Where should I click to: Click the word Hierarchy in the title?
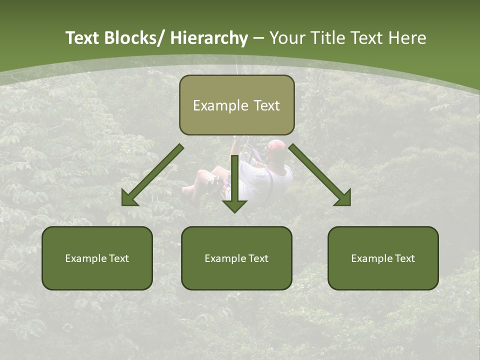(x=209, y=38)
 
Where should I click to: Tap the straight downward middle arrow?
(x=234, y=182)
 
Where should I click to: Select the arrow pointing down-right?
(x=320, y=175)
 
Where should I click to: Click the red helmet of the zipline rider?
(x=276, y=146)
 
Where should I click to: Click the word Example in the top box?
(x=213, y=105)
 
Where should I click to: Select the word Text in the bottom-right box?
(x=404, y=258)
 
